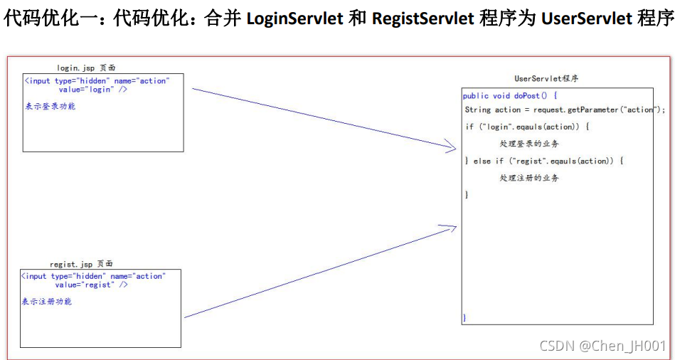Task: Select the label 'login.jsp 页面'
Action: [87, 68]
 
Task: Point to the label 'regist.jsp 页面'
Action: [81, 264]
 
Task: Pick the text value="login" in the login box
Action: [93, 90]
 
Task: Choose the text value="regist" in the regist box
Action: [92, 285]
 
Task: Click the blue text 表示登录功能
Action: [51, 106]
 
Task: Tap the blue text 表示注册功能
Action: [47, 302]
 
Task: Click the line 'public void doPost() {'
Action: [510, 95]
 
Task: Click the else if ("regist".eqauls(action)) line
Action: [544, 161]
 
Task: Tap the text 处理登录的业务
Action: [528, 144]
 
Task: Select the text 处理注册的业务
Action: [528, 178]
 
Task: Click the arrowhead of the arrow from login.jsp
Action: [452, 148]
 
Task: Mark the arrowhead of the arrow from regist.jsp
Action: [452, 228]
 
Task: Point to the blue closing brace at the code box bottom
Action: [465, 317]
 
